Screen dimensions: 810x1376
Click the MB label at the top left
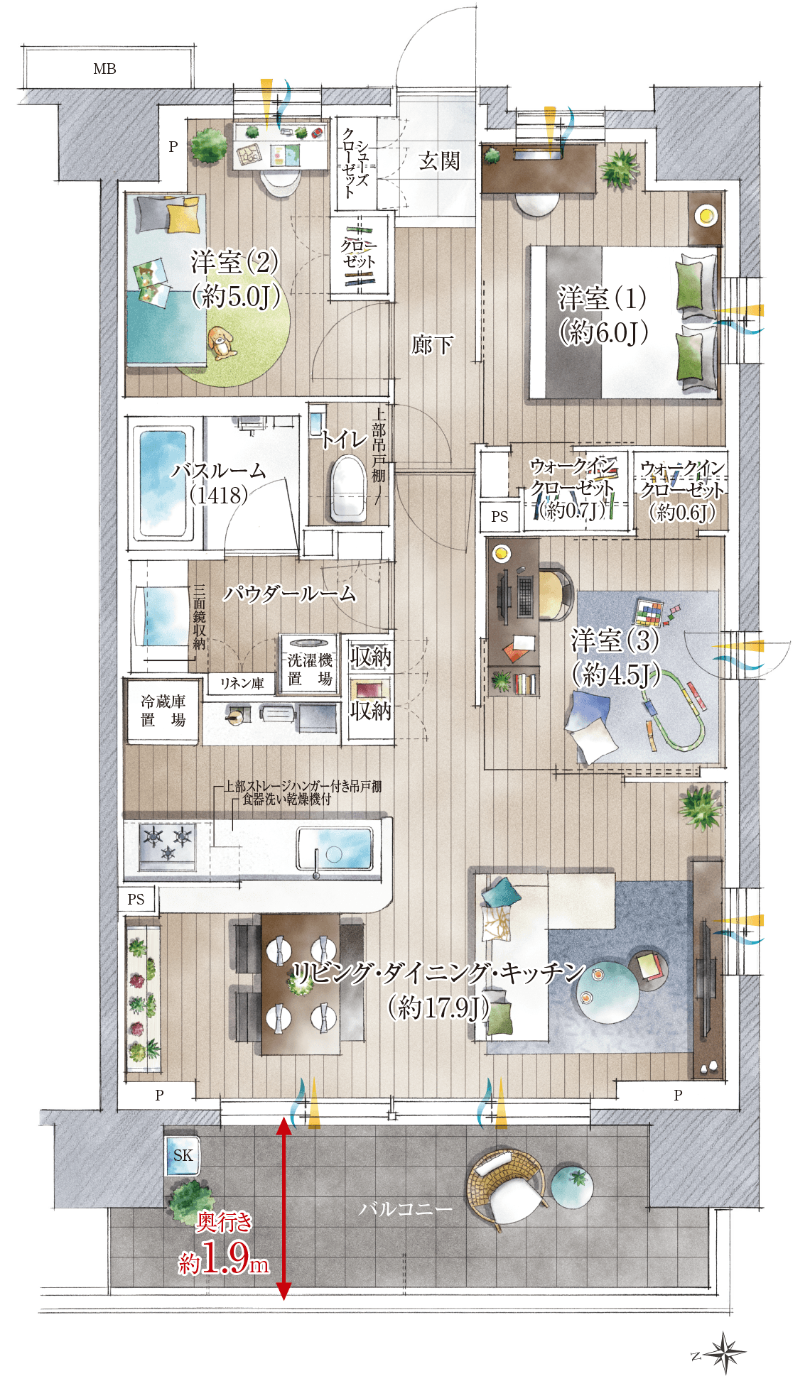click(104, 69)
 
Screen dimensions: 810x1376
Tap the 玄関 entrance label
click(439, 161)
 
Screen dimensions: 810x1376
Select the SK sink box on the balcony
click(182, 1155)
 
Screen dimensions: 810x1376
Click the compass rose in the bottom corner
click(724, 1353)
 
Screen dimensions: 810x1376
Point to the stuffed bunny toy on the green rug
click(222, 343)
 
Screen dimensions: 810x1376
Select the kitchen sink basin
click(335, 848)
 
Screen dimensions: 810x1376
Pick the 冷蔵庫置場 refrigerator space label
click(163, 711)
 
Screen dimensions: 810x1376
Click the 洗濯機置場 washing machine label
click(310, 670)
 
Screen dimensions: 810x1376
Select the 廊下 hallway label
click(432, 345)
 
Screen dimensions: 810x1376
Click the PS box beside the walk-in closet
click(499, 516)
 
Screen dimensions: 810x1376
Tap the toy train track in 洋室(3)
click(675, 714)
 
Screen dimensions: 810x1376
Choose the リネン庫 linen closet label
click(242, 683)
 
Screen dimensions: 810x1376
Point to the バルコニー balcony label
click(405, 1208)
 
